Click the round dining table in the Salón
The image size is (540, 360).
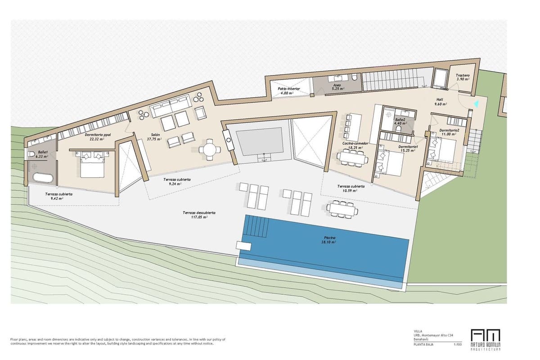[210, 149]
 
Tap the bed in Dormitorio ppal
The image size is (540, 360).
[93, 165]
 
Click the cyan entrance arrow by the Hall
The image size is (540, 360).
[476, 104]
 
